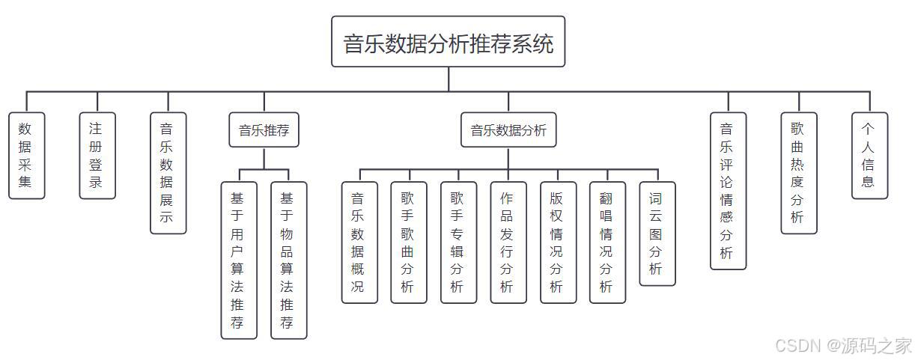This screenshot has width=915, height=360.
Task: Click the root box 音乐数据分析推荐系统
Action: [x=448, y=43]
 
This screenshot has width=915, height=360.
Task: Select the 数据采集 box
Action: [x=26, y=156]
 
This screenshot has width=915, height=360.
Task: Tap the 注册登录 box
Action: [x=97, y=156]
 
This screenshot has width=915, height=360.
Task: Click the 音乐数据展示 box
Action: [x=168, y=173]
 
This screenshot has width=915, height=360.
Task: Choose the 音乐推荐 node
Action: [x=264, y=130]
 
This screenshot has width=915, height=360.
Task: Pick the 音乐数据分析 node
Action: [x=508, y=130]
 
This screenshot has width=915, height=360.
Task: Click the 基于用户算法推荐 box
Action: [x=239, y=260]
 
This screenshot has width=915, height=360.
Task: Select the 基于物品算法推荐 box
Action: [x=288, y=260]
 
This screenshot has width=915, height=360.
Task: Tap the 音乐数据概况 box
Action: [x=359, y=242]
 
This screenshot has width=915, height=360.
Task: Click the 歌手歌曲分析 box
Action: [x=409, y=242]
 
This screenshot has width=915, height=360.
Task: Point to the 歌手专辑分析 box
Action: [x=458, y=242]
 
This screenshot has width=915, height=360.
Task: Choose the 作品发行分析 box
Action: [x=508, y=242]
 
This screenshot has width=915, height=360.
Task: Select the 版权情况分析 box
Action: [x=558, y=242]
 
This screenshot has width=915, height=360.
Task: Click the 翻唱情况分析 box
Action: [x=607, y=242]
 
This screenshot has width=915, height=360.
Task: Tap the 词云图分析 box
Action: [x=657, y=234]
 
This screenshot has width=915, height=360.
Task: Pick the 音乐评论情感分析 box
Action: [x=728, y=190]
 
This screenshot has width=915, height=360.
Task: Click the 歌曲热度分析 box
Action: [x=799, y=173]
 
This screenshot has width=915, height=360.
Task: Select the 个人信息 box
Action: [x=869, y=156]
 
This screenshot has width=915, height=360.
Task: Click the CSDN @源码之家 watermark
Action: [x=843, y=345]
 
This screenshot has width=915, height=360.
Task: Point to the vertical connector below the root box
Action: [x=449, y=79]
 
